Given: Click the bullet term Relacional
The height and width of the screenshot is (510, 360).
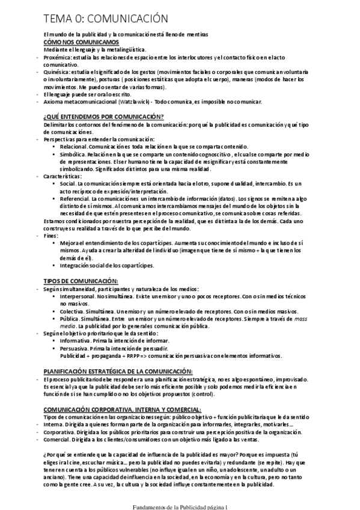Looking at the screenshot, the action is click(x=74, y=146).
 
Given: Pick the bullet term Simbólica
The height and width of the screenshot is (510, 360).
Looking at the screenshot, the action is click(x=72, y=153).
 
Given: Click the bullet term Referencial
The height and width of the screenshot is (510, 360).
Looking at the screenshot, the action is click(x=75, y=197).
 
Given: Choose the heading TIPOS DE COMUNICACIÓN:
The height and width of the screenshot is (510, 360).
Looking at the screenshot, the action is click(x=81, y=281).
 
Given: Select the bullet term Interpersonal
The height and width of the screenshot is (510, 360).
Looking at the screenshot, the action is click(x=76, y=296).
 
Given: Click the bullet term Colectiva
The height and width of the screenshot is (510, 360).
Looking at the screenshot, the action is click(x=73, y=311).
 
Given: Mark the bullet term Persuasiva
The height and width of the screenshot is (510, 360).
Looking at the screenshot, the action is click(x=74, y=348).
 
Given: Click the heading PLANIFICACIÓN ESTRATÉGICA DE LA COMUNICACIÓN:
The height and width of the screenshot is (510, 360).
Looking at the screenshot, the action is click(x=118, y=371).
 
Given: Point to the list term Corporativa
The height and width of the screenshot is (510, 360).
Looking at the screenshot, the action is click(x=59, y=432).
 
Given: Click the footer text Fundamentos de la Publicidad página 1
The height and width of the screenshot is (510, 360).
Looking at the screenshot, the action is click(x=180, y=506).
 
